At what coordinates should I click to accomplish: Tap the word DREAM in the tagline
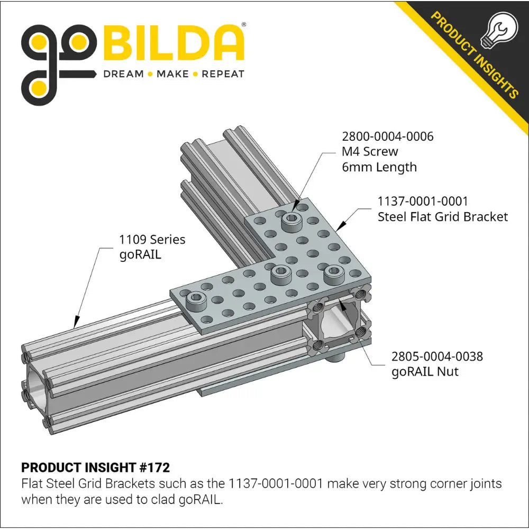pos(123,74)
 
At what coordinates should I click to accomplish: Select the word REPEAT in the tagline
pos(223,74)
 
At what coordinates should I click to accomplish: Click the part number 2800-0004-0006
pos(387,136)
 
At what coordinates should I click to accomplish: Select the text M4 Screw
pos(370,152)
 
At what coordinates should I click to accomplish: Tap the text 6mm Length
pos(379,167)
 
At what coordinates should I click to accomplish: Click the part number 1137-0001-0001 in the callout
pos(423,201)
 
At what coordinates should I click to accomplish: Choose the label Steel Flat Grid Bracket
pos(442,216)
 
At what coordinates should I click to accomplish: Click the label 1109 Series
pos(152,240)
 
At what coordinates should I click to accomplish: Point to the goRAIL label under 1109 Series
pos(140,254)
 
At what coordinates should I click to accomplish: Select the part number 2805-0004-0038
pos(437,356)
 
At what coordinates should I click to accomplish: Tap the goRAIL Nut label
pos(425,371)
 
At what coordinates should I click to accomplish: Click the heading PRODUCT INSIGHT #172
pos(95,468)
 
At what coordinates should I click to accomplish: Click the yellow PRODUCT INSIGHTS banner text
pos(474,56)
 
